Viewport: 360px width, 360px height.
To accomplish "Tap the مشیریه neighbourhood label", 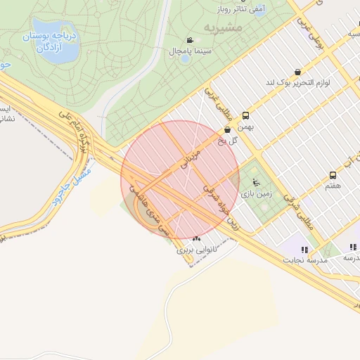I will point(223,27).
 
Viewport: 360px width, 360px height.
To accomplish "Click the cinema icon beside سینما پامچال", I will point(189,40).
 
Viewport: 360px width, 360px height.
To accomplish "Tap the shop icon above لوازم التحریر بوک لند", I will point(298,72).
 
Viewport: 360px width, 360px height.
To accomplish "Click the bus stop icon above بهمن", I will point(245,115).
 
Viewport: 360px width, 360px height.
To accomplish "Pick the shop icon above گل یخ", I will point(227,130).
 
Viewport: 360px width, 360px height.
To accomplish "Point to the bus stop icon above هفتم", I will point(333,175).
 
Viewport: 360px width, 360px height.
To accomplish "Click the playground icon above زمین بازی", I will point(255,179).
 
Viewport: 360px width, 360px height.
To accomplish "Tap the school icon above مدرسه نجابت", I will point(304,249).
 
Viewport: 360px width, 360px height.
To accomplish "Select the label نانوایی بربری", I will point(193,249).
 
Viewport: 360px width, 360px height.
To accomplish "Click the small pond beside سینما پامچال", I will point(185,58).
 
